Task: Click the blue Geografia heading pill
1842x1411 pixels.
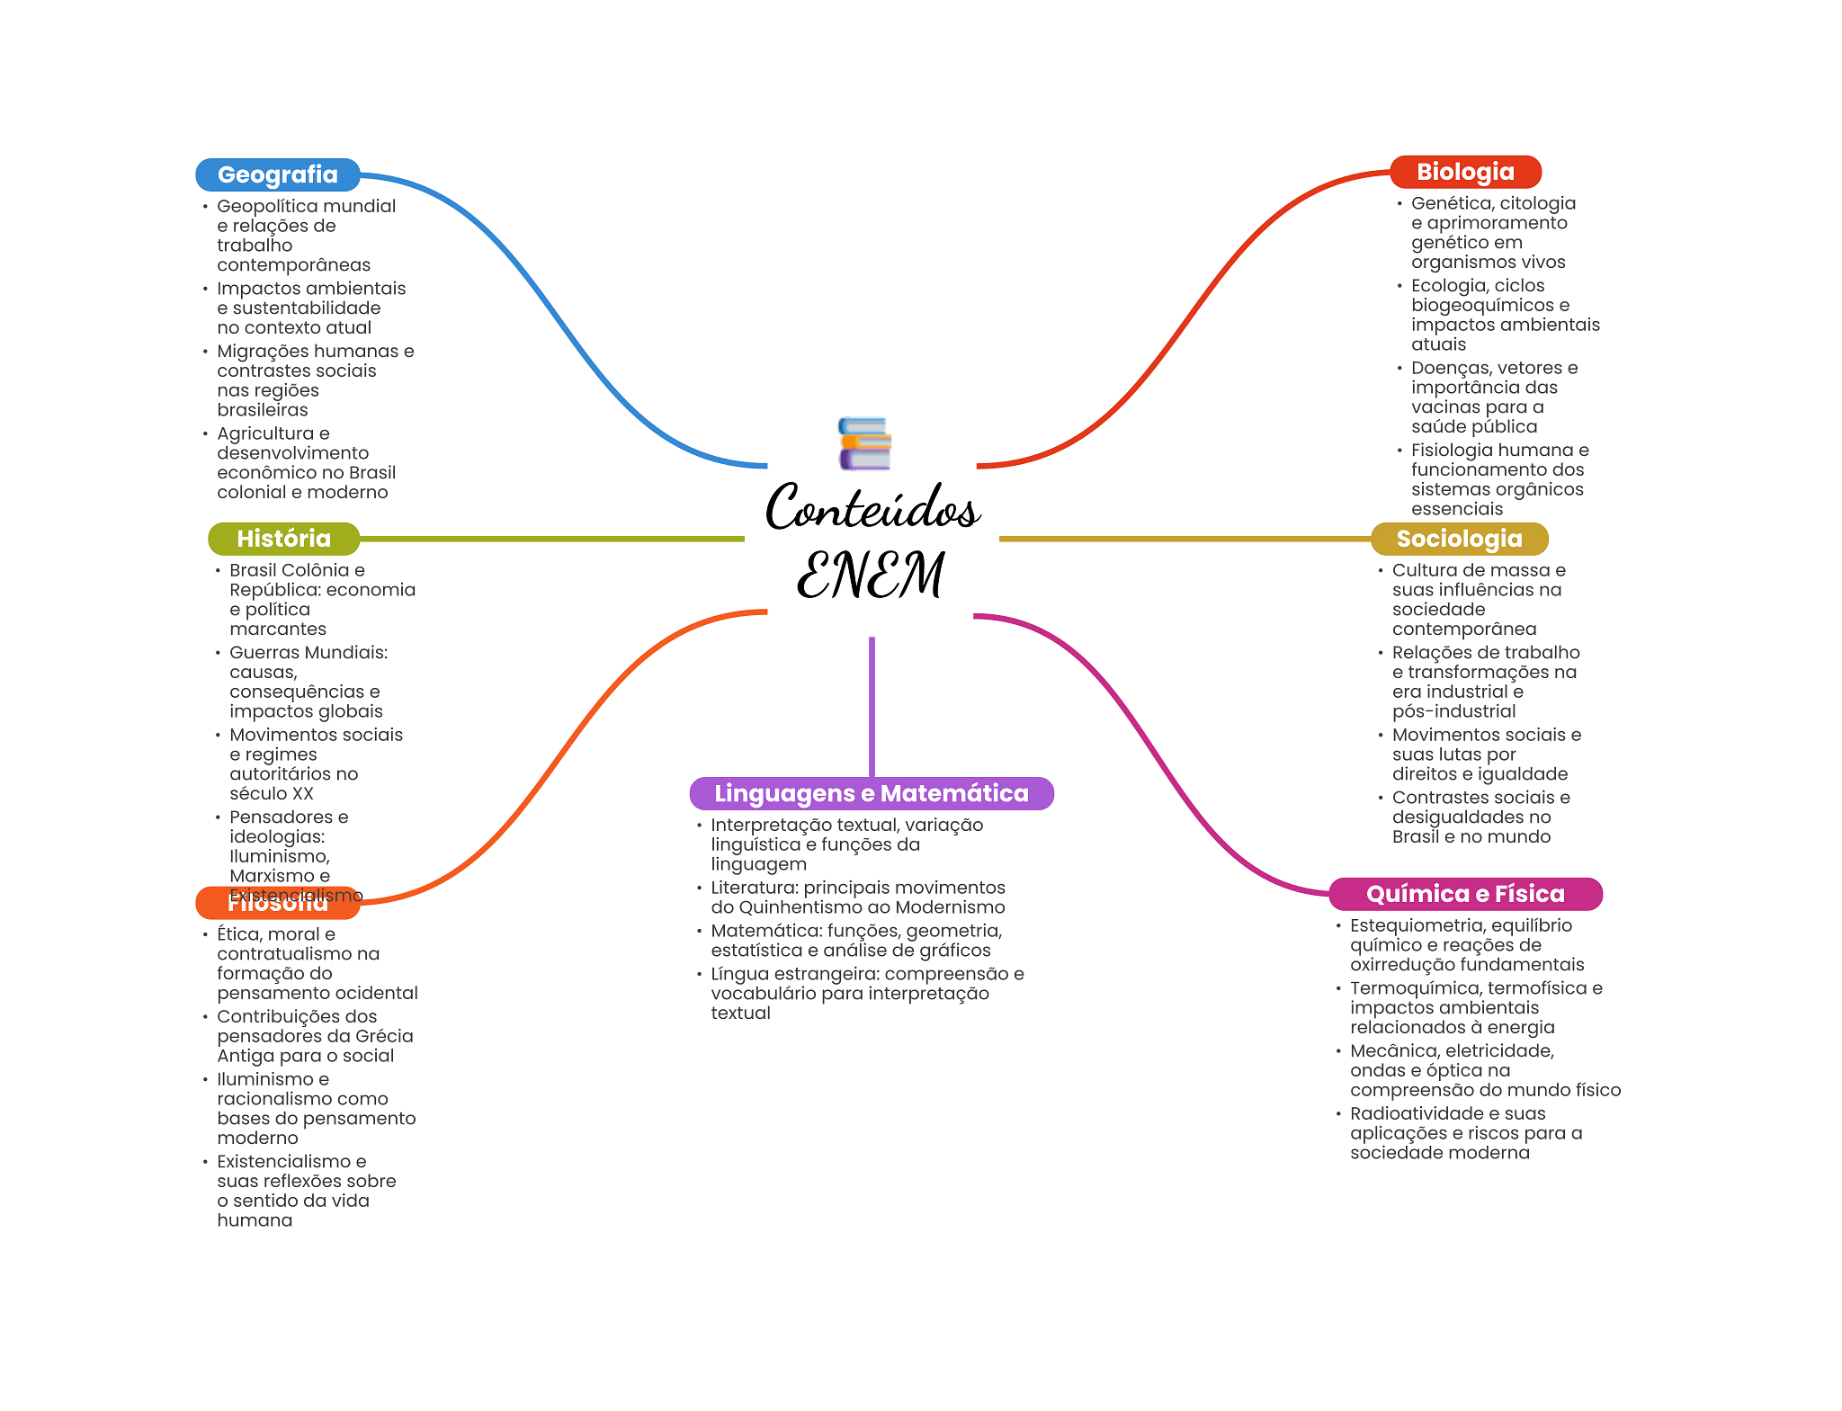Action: point(277,174)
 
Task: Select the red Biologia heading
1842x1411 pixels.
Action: point(1464,172)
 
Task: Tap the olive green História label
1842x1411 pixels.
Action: point(283,539)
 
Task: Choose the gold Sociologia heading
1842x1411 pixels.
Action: point(1458,539)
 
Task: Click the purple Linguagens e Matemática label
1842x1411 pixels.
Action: point(871,793)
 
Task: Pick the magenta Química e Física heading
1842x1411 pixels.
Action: point(1464,894)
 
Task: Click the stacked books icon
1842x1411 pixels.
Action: point(864,443)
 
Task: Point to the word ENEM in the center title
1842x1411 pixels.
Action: point(871,575)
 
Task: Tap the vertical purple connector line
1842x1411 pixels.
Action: point(872,706)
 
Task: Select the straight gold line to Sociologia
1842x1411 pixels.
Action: point(1184,539)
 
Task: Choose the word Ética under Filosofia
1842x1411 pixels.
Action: point(237,934)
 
